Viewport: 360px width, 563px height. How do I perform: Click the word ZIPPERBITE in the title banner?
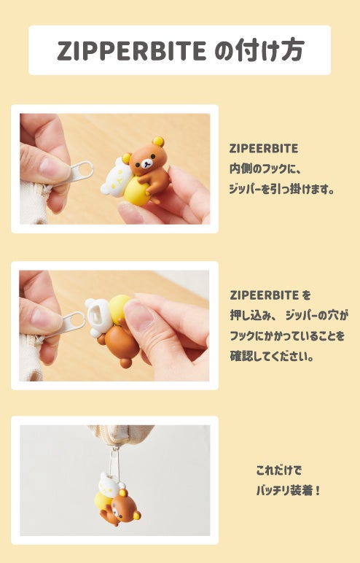coord(132,50)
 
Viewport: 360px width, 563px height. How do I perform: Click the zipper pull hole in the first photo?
coord(83,169)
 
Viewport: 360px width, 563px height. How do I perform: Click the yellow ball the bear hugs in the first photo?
coord(137,192)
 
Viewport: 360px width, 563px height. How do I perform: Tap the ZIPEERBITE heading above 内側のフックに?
coord(264,149)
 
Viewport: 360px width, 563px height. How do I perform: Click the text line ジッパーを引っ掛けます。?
coord(282,189)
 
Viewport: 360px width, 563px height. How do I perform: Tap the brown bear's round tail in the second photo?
coord(125,362)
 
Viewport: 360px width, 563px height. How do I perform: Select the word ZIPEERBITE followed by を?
coord(264,295)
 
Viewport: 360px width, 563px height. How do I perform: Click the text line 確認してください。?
coord(272,356)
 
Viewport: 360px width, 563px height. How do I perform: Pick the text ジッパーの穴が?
coord(316,316)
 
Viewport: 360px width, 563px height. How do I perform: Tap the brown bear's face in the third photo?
coord(121,508)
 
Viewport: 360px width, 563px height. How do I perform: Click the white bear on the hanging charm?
coord(109,485)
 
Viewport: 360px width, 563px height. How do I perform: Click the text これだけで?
coord(279,470)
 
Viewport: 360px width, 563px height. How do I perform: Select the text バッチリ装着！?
coord(288,490)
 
